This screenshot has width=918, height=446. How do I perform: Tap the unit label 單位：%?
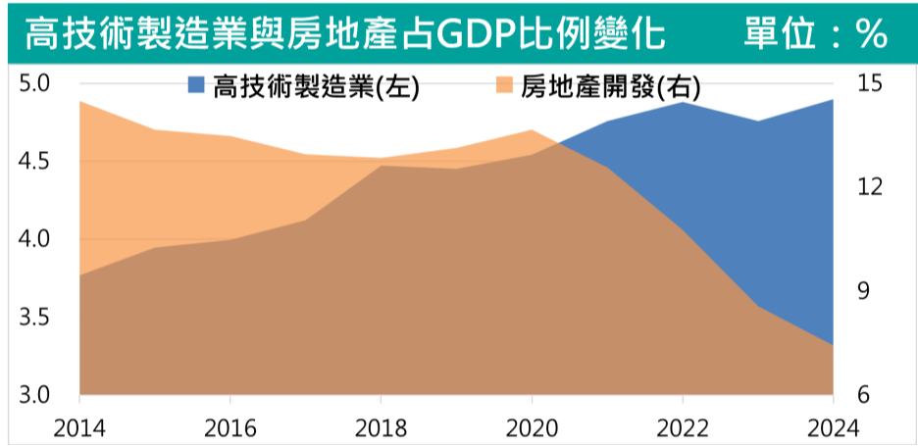(815, 34)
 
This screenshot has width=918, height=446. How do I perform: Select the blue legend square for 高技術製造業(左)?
(197, 86)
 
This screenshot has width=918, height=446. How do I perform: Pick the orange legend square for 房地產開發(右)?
(506, 86)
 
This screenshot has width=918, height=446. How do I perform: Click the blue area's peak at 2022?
(682, 101)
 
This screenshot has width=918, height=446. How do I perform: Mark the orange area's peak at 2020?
(532, 129)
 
